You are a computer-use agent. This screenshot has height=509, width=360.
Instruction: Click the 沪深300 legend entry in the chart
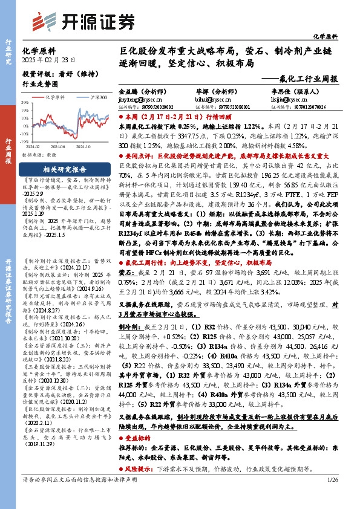(99, 97)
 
